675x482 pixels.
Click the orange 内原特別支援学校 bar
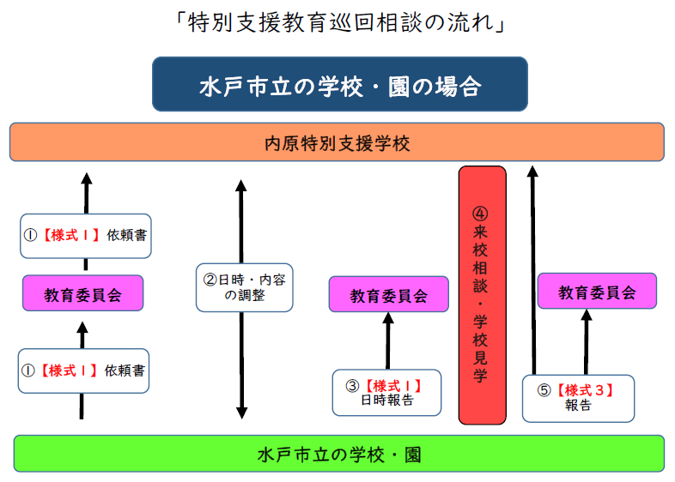coord(337,142)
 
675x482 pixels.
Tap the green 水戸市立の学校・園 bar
coord(339,454)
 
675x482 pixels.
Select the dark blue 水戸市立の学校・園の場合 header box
coord(340,84)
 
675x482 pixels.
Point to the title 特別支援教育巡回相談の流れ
coord(340,22)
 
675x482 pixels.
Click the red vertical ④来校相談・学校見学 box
coord(482,295)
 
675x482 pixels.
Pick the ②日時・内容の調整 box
coord(245,287)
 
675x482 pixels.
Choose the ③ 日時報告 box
coord(387,393)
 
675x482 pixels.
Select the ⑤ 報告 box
coord(578,398)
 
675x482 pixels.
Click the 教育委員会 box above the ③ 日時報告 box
coord(389,294)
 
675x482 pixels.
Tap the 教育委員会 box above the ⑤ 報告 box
coord(597,291)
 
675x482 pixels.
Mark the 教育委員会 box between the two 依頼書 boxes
coord(82,293)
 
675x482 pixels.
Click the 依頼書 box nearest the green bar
coord(83,371)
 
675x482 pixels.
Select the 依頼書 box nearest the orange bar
coord(86,236)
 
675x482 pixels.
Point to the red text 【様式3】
coord(585,390)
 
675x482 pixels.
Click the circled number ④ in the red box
coord(480,214)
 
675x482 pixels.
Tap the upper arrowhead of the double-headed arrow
coord(241,185)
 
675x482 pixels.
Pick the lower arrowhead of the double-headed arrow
coord(242,413)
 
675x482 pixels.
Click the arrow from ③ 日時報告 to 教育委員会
coord(388,340)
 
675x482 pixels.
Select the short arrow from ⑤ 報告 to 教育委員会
coord(587,342)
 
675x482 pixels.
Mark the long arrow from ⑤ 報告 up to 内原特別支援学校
coord(533,270)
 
